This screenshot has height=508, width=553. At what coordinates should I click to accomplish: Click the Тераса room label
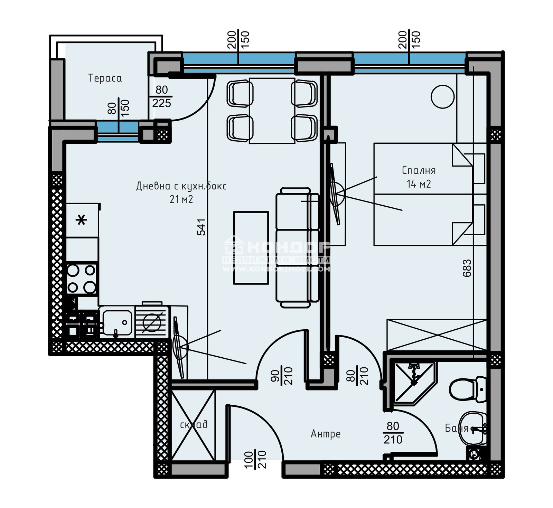[105, 78]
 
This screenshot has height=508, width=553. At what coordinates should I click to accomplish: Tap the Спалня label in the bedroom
[419, 170]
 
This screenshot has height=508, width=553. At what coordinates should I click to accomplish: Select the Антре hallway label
[325, 434]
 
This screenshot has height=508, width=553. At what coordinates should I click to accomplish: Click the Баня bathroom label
[456, 429]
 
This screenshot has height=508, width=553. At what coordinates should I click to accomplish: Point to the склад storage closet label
[194, 424]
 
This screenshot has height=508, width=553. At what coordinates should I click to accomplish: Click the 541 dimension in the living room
[201, 227]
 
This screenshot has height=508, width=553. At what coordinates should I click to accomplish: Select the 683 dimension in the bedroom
[467, 268]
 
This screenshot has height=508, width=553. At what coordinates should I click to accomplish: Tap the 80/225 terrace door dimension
[161, 96]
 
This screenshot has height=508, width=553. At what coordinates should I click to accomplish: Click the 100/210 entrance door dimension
[255, 460]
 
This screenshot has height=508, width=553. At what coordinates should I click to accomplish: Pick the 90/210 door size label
[281, 376]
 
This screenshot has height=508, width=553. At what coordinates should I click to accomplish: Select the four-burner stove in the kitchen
[82, 279]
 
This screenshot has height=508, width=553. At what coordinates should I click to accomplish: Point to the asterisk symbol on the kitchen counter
[82, 220]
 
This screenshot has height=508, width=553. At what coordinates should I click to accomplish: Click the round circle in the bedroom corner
[442, 97]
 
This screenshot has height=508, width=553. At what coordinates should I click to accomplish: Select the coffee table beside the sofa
[251, 248]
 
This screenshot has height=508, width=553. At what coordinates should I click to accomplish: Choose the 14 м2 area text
[419, 184]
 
